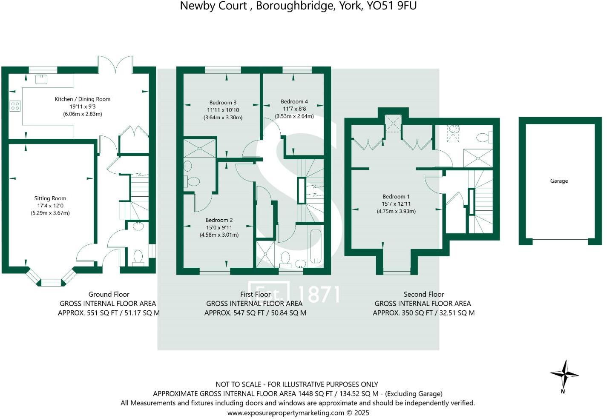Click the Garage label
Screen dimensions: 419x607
tap(559, 181)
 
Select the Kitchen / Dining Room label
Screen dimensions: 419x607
tap(83, 99)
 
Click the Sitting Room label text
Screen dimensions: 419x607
tap(50, 198)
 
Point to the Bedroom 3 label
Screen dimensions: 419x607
tap(223, 103)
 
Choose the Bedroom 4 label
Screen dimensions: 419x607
tap(294, 102)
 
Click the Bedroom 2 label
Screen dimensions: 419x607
tap(219, 220)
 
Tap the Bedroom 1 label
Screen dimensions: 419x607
tap(396, 197)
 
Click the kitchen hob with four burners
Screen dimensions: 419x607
tap(15, 106)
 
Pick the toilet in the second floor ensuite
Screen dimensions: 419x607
tap(483, 137)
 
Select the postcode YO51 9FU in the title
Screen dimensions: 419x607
tap(391, 6)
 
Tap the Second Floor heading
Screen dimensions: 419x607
tap(423, 294)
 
